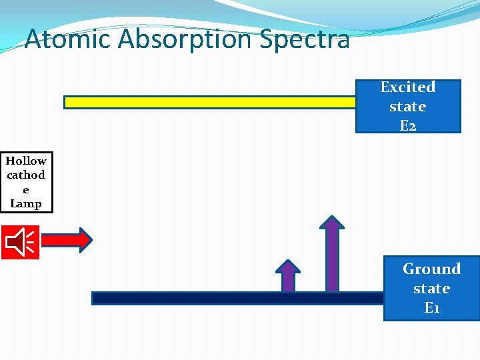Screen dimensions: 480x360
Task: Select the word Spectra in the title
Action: point(305,39)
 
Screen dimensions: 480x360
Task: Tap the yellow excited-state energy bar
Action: point(210,102)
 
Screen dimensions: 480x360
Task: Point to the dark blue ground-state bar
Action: point(237,298)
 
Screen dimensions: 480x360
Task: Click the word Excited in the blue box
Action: point(407,87)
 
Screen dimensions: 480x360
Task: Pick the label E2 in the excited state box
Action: point(407,125)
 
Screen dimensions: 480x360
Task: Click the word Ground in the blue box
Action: point(431,269)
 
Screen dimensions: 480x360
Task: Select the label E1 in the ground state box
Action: point(431,308)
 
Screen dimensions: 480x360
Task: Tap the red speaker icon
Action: point(20,241)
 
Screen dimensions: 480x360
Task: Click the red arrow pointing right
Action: point(67,240)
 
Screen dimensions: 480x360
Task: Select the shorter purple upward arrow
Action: point(288,276)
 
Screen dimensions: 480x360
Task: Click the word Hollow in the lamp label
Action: point(26,161)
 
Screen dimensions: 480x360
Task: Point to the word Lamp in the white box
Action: point(26,204)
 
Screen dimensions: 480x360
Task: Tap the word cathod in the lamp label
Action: point(26,175)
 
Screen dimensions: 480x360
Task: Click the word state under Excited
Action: point(407,107)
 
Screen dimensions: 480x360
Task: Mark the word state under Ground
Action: point(431,289)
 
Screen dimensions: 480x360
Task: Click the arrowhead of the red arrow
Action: point(85,240)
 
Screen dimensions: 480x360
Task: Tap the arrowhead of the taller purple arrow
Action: point(331,222)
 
